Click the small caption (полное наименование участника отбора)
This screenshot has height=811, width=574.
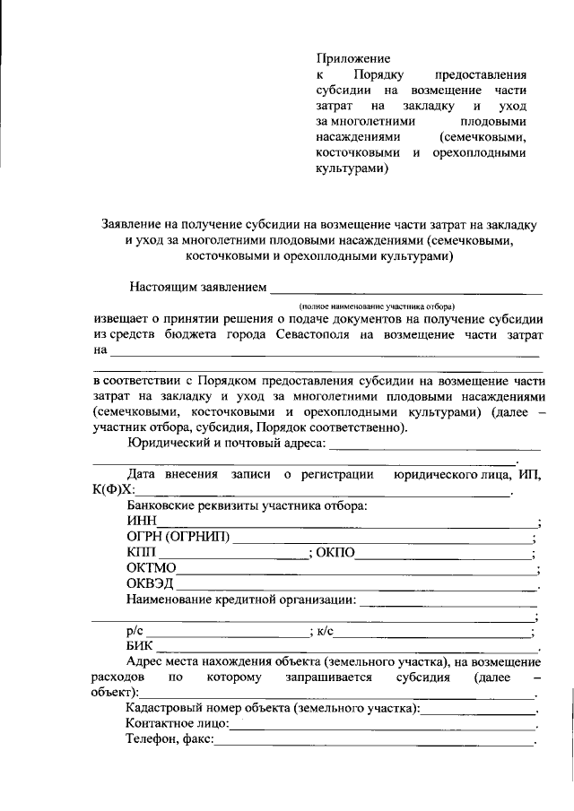[x=378, y=306]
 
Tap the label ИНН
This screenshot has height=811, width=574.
[x=142, y=522]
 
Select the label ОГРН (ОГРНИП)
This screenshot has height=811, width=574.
[x=178, y=538]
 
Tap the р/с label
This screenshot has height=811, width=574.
[x=135, y=632]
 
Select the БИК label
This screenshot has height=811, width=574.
[x=141, y=647]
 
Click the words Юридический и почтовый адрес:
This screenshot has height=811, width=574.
[x=228, y=443]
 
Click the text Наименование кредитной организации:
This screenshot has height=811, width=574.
[x=241, y=600]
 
